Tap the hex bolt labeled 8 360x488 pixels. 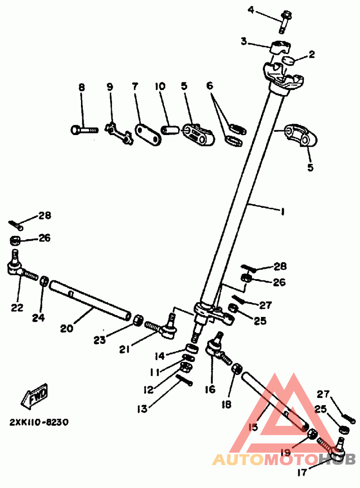[x=84, y=129]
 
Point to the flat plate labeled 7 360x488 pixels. [x=148, y=134]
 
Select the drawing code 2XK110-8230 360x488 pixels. [x=40, y=423]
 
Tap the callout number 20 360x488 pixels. [x=66, y=329]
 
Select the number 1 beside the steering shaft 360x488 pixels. [x=282, y=210]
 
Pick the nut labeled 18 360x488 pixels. [x=235, y=370]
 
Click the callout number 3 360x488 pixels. [x=244, y=42]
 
